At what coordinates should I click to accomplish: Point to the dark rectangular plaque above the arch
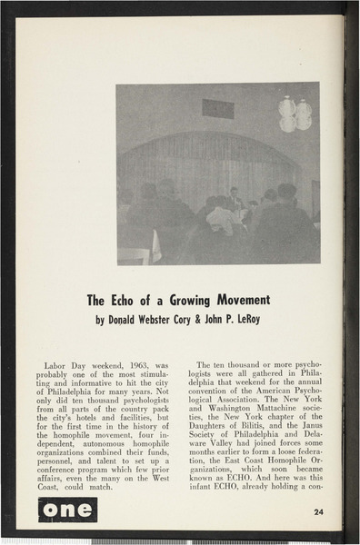pos(218,109)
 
